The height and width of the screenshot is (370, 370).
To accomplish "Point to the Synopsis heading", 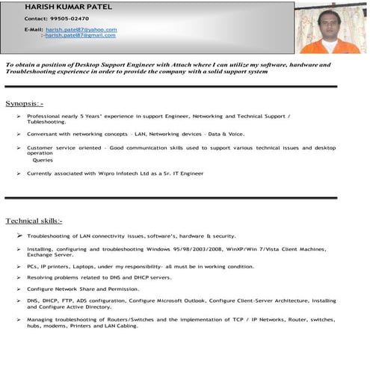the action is point(25,102).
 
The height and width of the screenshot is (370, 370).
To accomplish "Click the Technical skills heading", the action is point(34,221).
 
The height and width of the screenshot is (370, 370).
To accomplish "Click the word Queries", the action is point(43,159).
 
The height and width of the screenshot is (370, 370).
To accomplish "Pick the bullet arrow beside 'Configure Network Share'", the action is point(19,288).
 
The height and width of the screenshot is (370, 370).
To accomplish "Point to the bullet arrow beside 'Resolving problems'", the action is point(19,277).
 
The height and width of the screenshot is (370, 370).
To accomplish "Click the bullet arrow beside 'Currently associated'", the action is point(19,173).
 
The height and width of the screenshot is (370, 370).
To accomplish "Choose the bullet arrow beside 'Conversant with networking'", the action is point(19,134).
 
